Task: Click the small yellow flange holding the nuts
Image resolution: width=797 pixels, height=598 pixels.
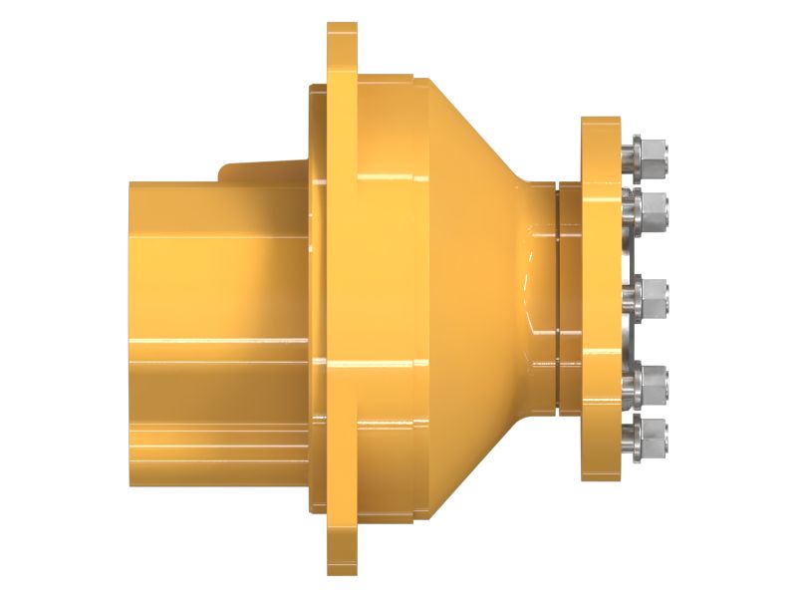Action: pyautogui.click(x=601, y=299)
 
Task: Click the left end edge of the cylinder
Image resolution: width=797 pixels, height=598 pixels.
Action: pyautogui.click(x=131, y=329)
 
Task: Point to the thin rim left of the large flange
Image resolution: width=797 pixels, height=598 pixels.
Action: pyautogui.click(x=316, y=299)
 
